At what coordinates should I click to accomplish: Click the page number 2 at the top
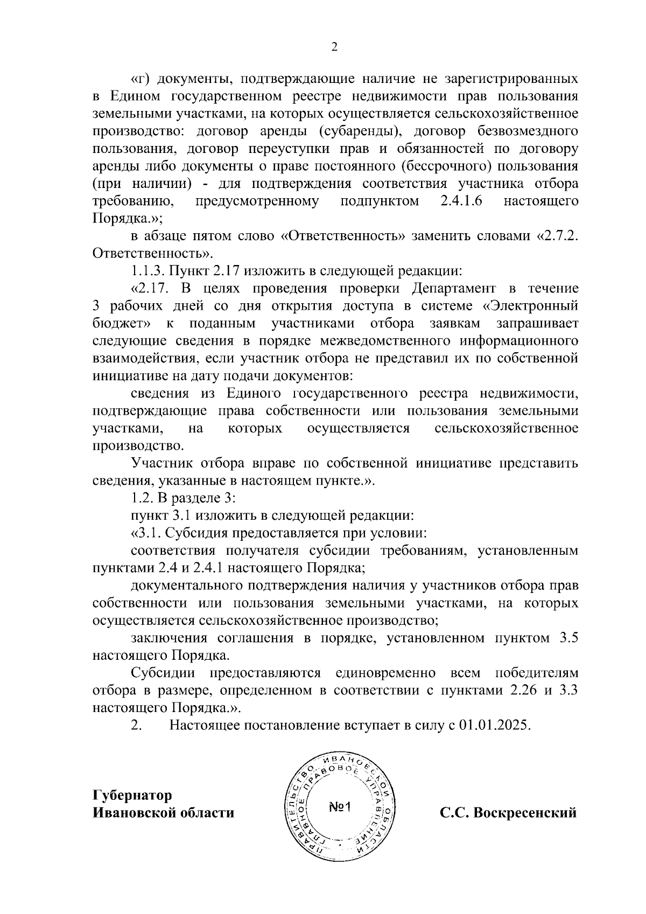point(334,47)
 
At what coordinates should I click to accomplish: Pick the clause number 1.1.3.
point(149,271)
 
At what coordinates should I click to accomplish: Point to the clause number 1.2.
point(142,498)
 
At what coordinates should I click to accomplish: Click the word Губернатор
point(132,796)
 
